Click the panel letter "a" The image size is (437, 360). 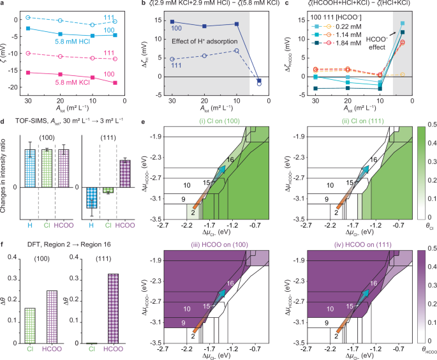pyautogui.click(x=3, y=5)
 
